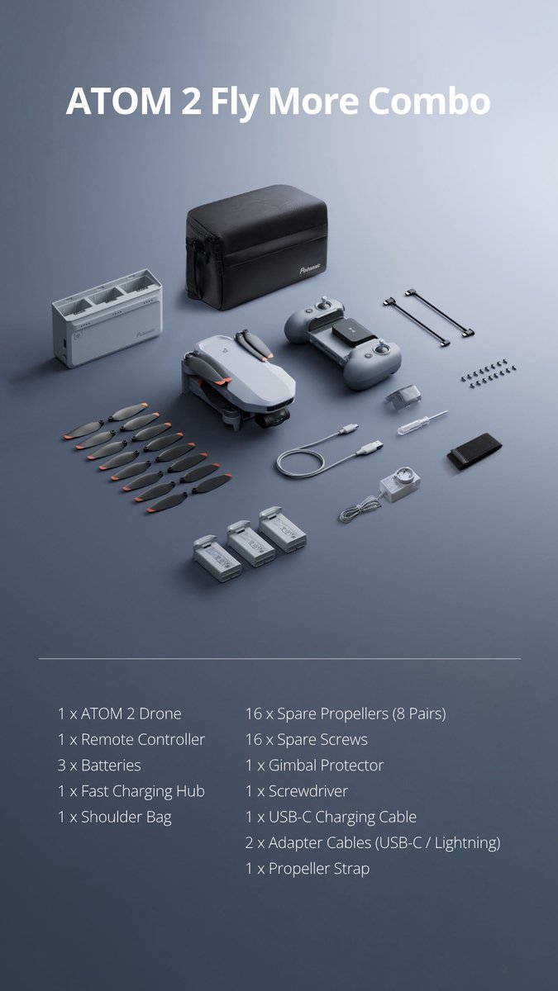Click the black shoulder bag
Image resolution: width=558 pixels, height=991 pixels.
point(256,246)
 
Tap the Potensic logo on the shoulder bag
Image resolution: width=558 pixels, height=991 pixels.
point(310,269)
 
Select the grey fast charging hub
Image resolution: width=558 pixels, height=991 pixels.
point(107,318)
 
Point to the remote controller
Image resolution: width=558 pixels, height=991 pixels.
point(343,342)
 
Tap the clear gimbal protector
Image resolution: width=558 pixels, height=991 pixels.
point(403,397)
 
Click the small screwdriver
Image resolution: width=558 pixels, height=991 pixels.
point(422,422)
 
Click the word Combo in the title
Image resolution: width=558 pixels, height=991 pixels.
point(429,101)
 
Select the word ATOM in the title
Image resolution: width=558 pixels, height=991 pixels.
point(119,102)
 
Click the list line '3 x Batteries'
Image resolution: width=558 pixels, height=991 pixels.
point(99,766)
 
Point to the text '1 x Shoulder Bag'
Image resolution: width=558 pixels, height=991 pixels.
point(115,817)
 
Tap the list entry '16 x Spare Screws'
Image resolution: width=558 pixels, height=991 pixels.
point(307,740)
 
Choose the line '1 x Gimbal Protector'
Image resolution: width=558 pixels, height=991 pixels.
point(314,766)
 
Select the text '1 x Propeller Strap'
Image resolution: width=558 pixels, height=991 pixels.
point(308,869)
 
